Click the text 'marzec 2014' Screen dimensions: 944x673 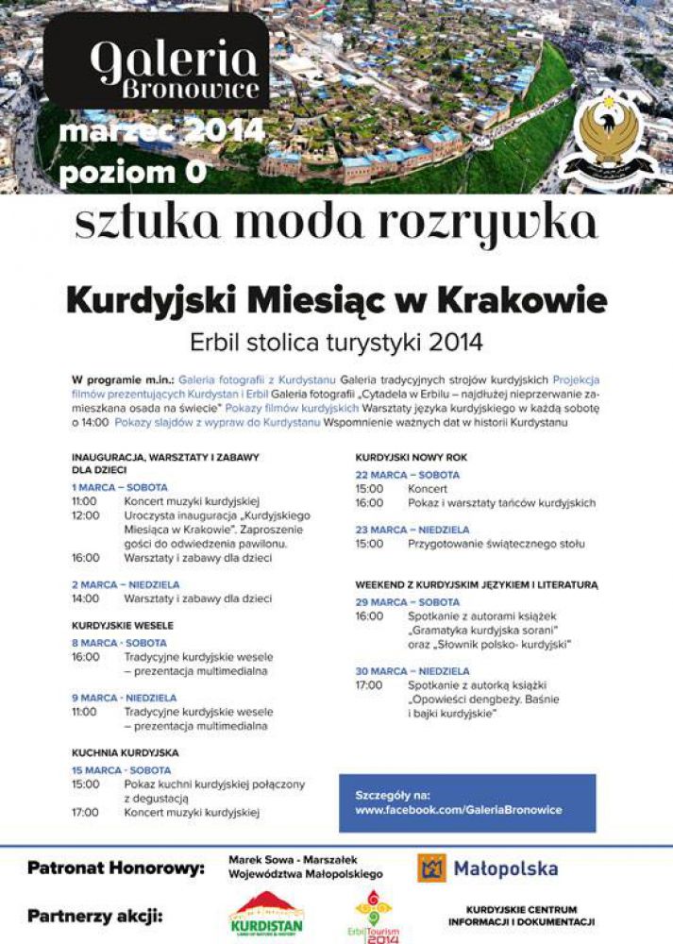click(x=161, y=131)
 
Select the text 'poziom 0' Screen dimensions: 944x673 click(x=118, y=173)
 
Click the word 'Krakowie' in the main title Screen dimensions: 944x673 click(x=519, y=301)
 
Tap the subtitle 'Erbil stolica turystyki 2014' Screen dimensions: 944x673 click(x=336, y=340)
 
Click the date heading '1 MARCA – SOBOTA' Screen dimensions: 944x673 click(x=120, y=487)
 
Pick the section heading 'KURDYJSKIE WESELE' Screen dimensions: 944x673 click(x=123, y=625)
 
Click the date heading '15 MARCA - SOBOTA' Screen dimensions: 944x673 click(x=122, y=770)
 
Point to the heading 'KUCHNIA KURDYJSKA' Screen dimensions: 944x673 click(x=125, y=753)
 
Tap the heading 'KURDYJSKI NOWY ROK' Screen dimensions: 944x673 click(x=411, y=458)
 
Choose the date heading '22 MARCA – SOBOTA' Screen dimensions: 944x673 click(x=407, y=475)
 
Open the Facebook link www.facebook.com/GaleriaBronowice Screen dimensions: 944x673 click(x=459, y=810)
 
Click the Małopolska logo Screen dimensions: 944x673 click(x=487, y=868)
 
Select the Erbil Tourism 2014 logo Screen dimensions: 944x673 click(x=373, y=917)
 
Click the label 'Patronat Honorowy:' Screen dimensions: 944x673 click(x=115, y=868)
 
